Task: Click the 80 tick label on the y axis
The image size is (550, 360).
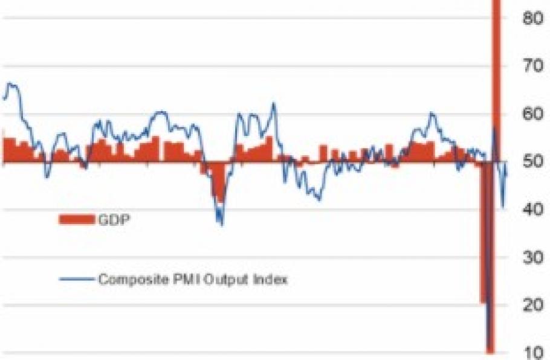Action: (532, 18)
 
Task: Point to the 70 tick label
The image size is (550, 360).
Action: (532, 66)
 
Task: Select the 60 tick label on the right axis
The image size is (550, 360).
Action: (532, 114)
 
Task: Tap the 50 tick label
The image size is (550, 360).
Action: (532, 162)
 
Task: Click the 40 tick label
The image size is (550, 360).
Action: (532, 210)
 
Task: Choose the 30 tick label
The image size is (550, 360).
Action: (532, 257)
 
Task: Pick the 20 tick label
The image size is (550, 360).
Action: (532, 305)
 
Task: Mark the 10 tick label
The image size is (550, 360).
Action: (532, 352)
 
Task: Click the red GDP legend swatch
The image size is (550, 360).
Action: (77, 219)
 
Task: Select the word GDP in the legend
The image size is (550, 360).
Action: (114, 219)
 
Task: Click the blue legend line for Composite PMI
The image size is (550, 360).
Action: (77, 279)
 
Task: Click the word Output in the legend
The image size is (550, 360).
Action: (233, 280)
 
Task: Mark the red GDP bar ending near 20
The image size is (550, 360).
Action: (483, 242)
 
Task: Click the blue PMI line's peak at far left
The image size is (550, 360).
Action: (11, 84)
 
